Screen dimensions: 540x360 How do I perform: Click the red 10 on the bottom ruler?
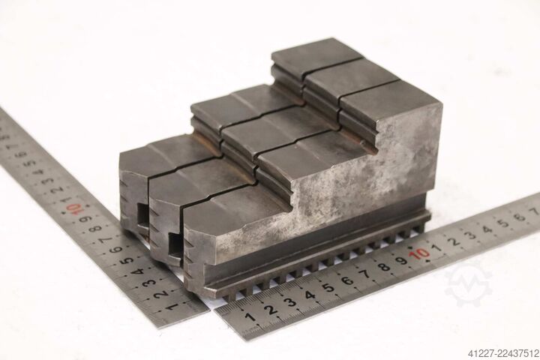point(418,254)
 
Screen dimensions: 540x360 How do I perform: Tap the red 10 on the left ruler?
point(73,208)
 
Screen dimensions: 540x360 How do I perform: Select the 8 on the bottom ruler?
point(383,267)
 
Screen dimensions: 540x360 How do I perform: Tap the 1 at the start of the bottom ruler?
point(250,317)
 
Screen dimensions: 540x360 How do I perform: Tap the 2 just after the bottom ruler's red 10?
point(454,241)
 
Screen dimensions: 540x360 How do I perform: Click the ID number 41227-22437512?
point(502,352)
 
